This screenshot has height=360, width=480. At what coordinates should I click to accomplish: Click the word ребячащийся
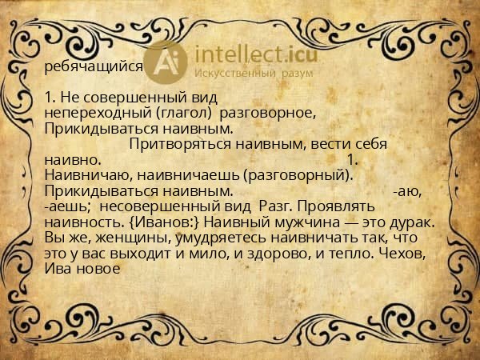(94, 67)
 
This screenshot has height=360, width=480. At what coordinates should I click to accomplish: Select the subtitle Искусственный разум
(254, 74)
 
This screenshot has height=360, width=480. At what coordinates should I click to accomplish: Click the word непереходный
(87, 113)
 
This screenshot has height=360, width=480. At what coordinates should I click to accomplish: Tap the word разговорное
(260, 113)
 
